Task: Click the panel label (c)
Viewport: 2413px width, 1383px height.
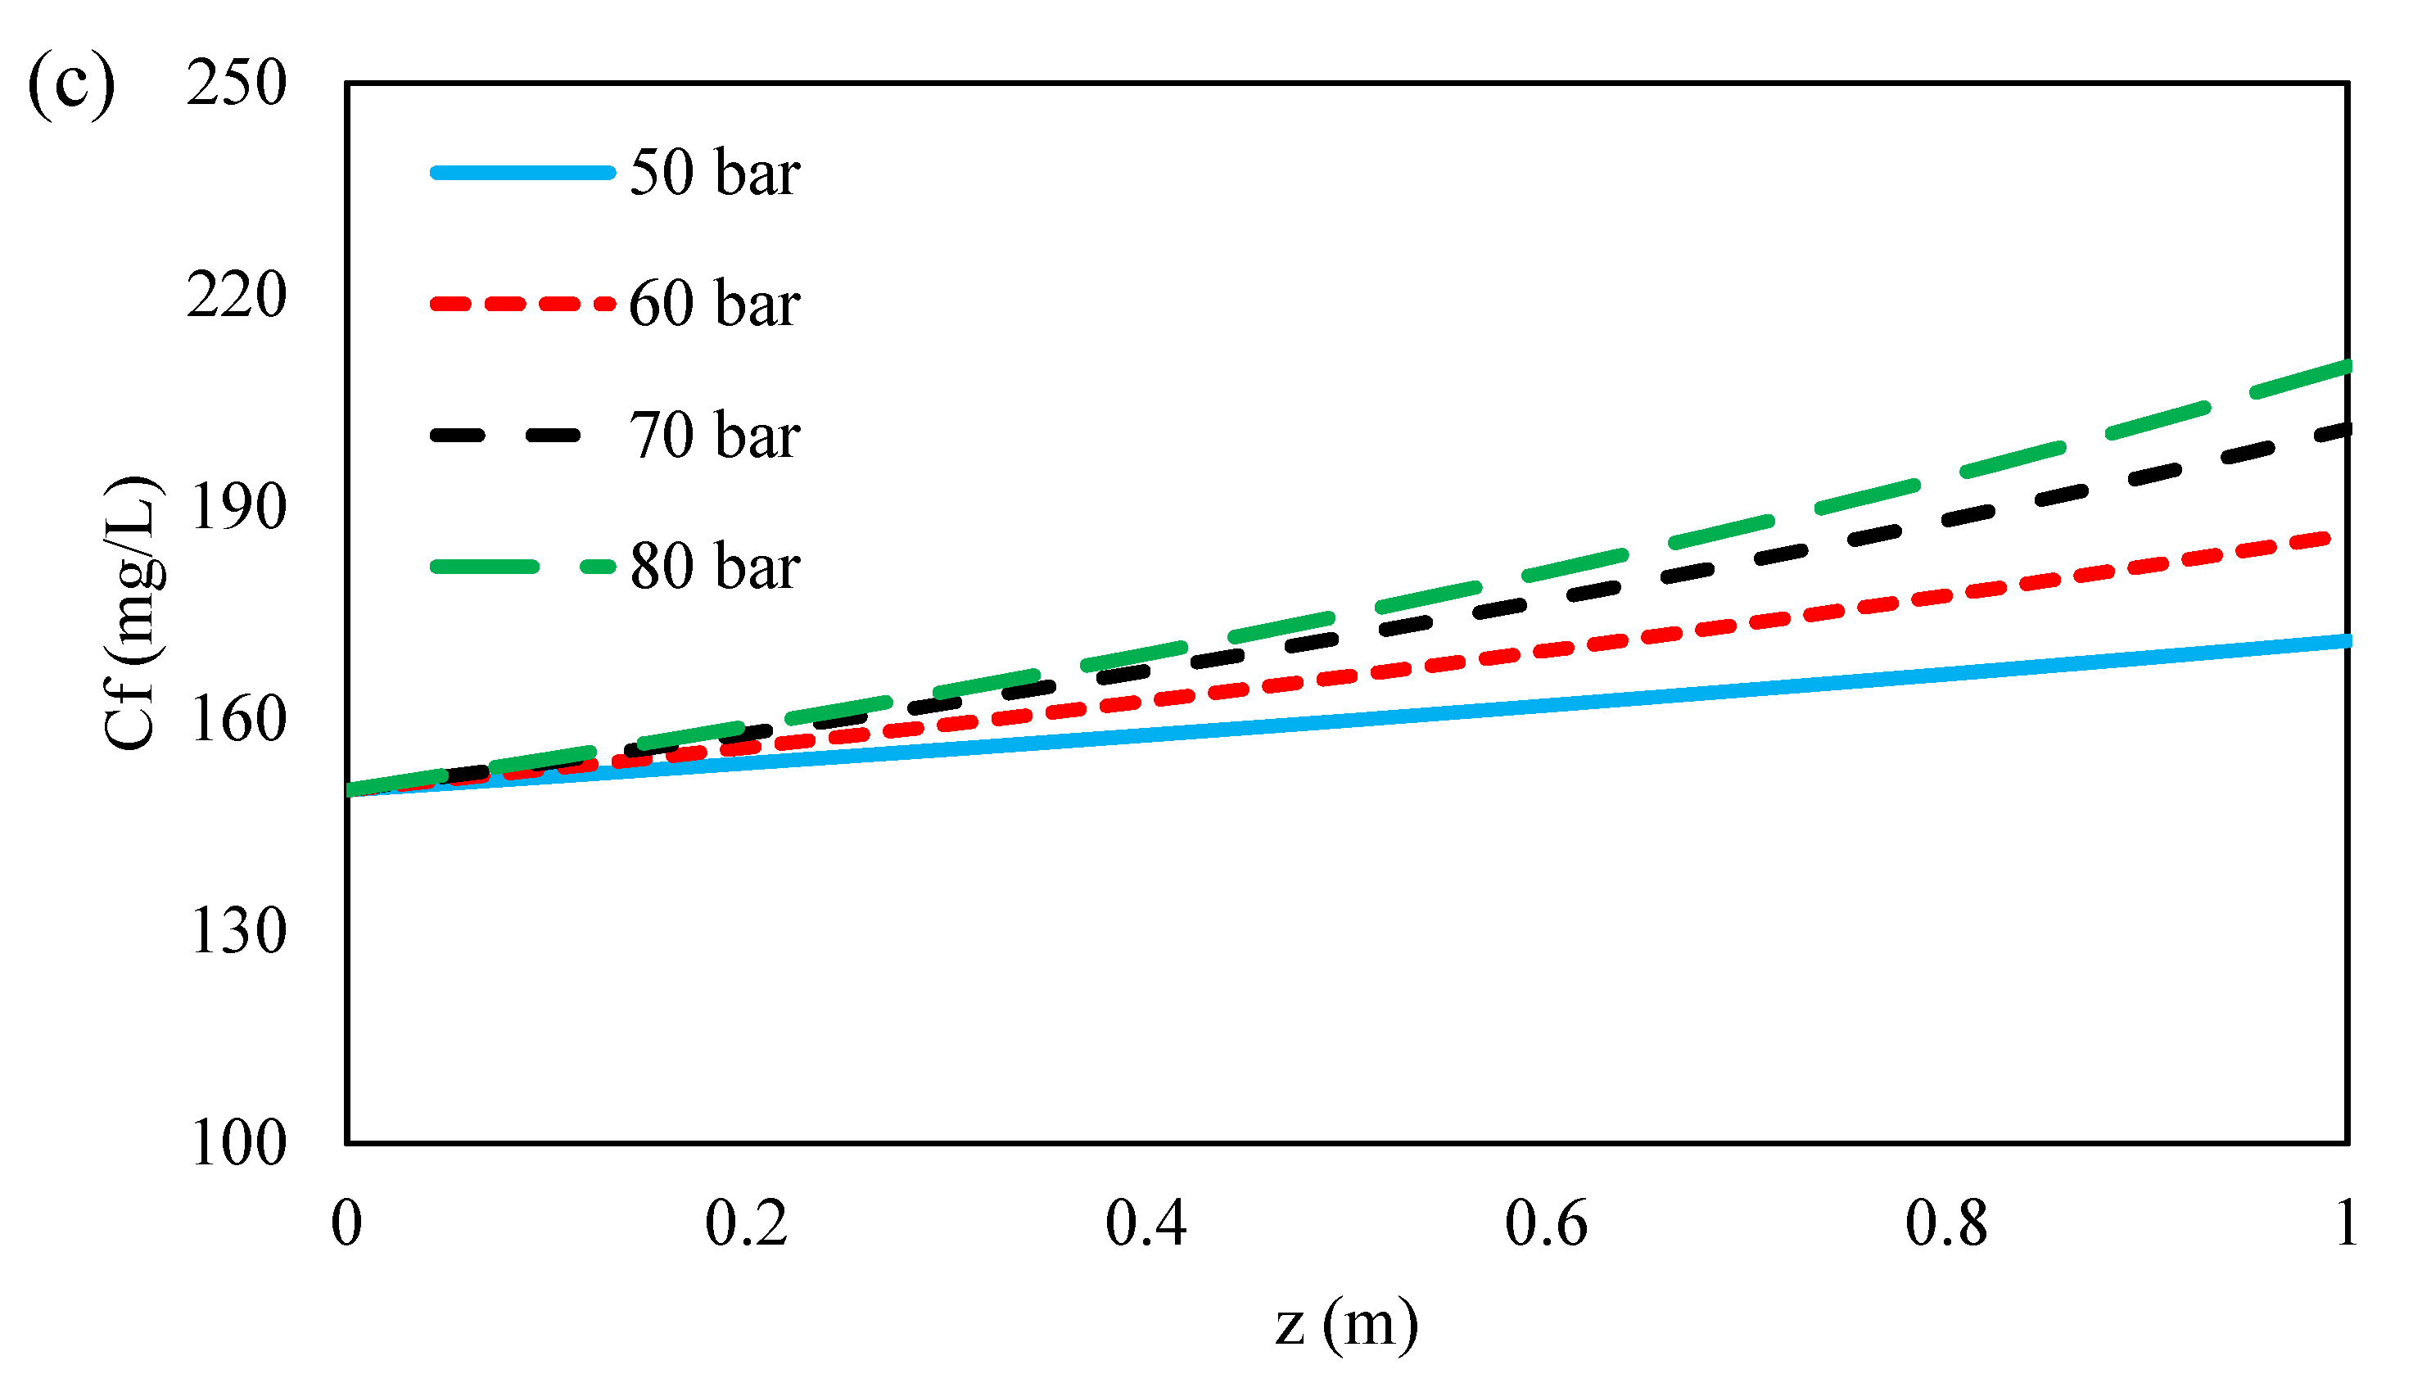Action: pos(71,85)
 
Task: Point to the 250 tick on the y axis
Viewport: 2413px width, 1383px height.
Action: pos(237,84)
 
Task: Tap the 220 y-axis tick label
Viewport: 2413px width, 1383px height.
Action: pos(237,296)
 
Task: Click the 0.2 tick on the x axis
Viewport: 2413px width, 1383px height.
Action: pos(747,1223)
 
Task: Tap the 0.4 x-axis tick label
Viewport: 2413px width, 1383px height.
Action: pos(1146,1223)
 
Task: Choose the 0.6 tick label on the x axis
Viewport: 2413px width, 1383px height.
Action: pos(1546,1223)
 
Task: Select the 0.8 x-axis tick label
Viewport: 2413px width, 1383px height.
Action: pos(1945,1223)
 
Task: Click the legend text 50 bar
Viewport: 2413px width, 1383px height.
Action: pos(714,173)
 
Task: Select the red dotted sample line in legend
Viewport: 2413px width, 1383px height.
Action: pos(522,304)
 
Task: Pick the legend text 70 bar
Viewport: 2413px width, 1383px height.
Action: pos(714,436)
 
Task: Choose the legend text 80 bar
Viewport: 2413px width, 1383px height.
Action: pos(714,567)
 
